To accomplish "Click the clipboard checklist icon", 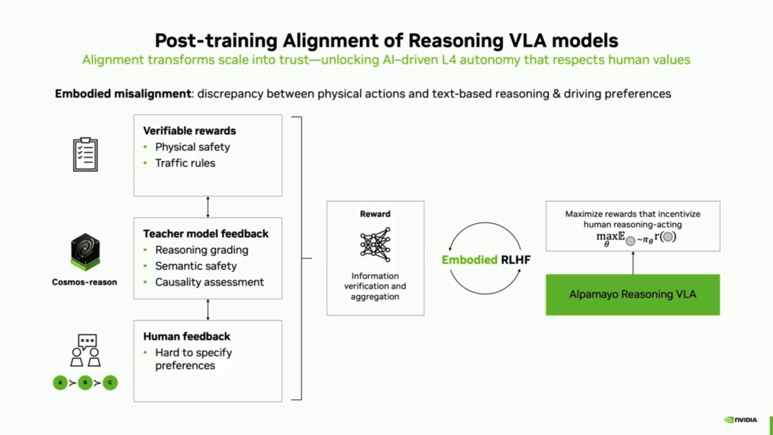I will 85,154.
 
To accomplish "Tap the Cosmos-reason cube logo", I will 84,251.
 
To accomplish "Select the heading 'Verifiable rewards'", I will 189,131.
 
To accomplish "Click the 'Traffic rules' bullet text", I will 185,163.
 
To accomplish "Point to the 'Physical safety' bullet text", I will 193,147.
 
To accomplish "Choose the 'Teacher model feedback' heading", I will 205,234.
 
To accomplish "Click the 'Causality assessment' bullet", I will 209,283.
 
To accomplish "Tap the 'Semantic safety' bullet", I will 195,266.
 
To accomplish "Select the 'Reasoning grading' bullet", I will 201,250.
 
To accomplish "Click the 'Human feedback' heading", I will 186,336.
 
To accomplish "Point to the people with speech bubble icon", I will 85,351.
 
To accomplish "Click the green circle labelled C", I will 110,383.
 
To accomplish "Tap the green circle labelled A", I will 61,383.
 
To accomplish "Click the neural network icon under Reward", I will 375,245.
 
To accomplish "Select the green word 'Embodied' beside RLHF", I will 470,260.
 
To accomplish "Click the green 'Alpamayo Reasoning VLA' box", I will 633,294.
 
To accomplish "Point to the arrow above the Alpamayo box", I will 633,263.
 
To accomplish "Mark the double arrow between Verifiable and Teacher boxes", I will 208,207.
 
